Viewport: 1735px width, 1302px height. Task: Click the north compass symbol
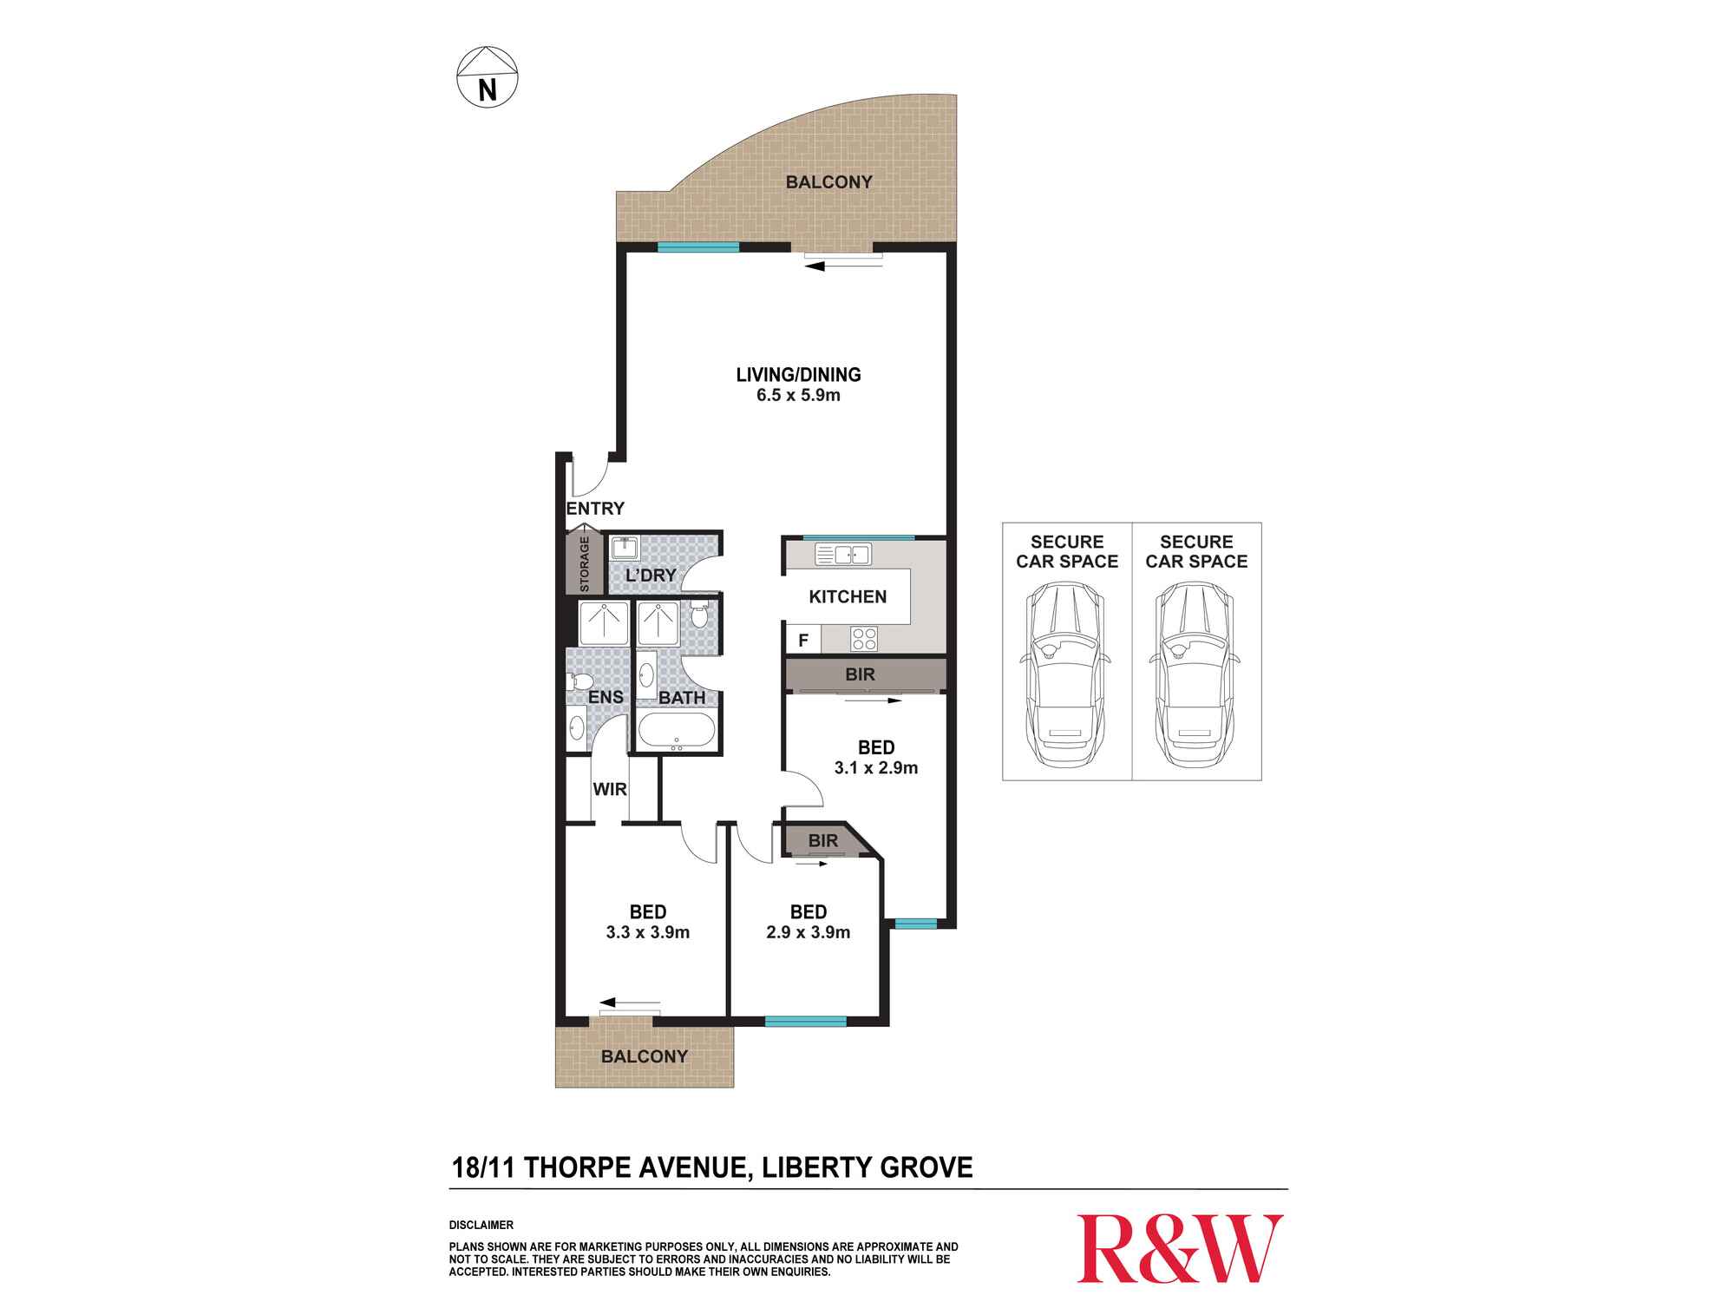487,77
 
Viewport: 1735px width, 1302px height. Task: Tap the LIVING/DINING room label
798,375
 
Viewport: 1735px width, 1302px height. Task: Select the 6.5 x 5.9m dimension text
798,396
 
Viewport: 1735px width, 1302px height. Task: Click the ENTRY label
595,509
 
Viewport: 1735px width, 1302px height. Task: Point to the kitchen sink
843,554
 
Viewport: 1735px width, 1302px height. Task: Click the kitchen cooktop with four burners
864,639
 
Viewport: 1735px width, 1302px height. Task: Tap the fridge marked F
803,641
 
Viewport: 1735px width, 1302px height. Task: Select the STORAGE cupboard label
584,564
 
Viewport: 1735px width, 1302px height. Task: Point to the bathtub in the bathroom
677,731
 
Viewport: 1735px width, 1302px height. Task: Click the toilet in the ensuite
579,681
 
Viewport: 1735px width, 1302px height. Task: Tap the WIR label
610,790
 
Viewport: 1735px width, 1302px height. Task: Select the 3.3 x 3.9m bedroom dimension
648,933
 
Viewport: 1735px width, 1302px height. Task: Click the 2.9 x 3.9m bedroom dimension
809,933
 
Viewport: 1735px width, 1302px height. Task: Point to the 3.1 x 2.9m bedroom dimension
876,768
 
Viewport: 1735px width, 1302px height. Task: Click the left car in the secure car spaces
1066,674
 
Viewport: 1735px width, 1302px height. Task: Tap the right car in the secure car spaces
1196,674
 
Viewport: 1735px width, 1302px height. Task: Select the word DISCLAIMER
481,1226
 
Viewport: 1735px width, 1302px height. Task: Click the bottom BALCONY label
645,1056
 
